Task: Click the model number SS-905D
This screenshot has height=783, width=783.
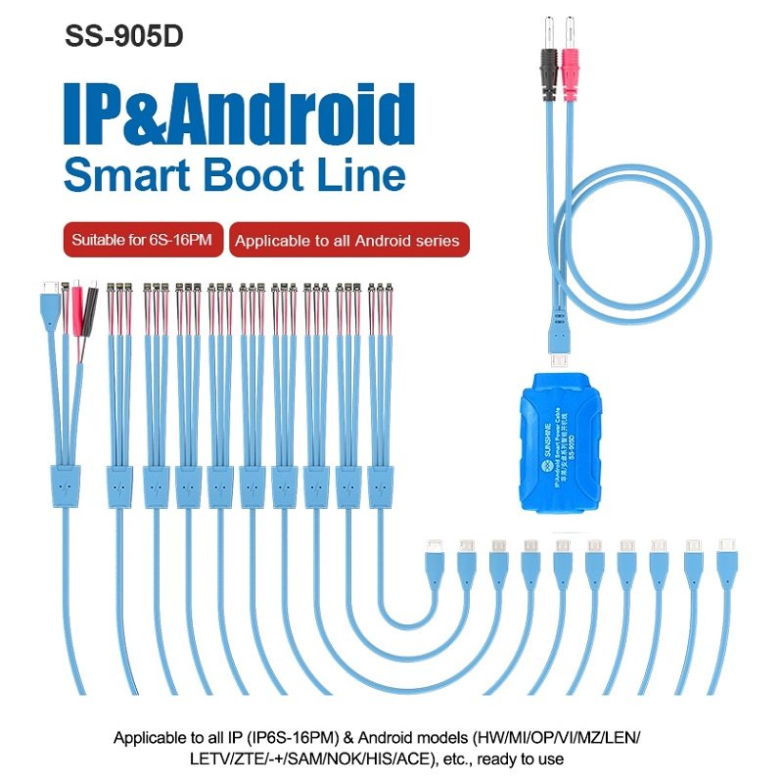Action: (123, 35)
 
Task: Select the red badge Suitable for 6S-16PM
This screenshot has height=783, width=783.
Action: (143, 240)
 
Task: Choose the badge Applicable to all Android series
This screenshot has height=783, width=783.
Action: (347, 240)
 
